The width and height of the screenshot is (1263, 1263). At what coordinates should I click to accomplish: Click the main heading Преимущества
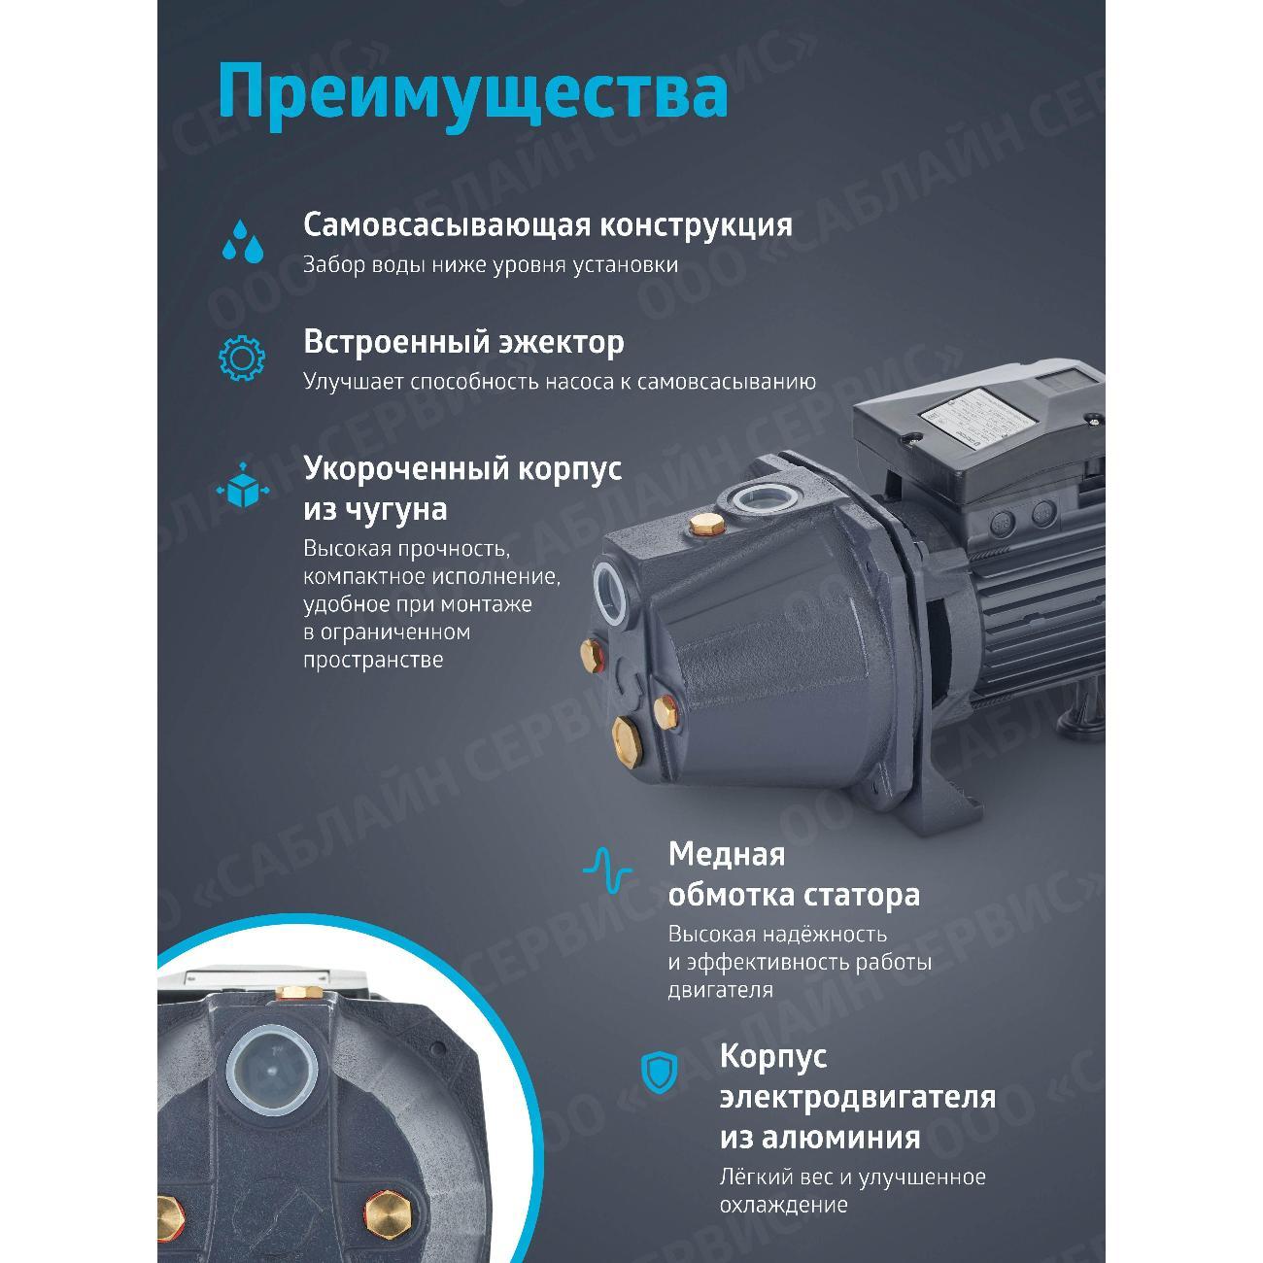coord(472,92)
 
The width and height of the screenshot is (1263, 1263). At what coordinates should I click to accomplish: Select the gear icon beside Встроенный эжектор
coord(242,357)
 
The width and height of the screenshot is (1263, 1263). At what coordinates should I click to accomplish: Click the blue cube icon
coord(242,486)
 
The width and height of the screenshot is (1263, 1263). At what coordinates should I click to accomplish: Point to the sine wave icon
coord(607,869)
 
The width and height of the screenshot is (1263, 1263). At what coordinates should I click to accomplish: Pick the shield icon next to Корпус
coord(659,1072)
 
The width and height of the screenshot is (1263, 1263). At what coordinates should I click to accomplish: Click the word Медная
coord(726,854)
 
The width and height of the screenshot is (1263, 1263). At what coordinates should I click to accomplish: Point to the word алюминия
coord(820,1137)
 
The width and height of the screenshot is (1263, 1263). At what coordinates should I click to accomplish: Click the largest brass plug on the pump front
coord(631,738)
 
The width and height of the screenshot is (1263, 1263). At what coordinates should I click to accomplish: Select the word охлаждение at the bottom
coord(783,1205)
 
